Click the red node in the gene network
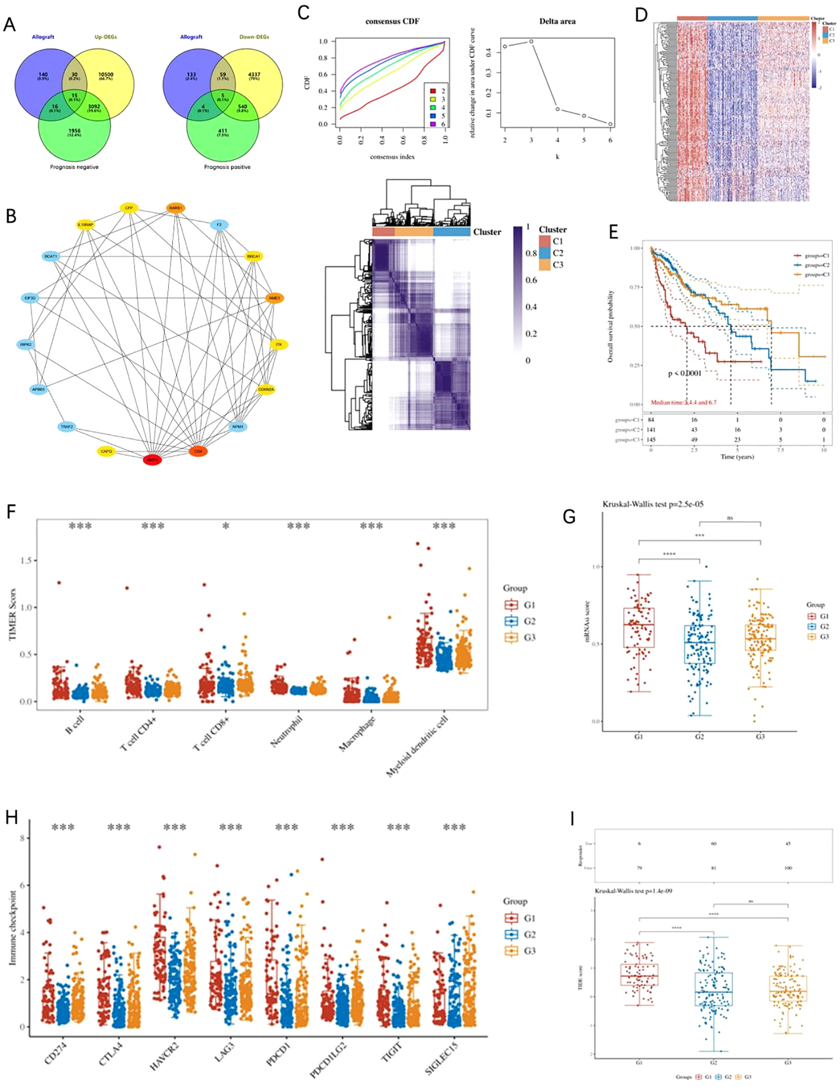(152, 459)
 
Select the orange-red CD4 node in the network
(198, 451)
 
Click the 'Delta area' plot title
(557, 21)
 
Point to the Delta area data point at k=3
(531, 42)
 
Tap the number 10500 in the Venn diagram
(106, 75)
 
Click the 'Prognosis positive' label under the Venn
(227, 167)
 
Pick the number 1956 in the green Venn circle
(74, 131)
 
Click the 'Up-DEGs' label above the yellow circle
(106, 37)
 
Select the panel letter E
(613, 232)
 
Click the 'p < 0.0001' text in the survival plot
(684, 373)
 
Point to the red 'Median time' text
(683, 402)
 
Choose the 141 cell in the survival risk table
(651, 430)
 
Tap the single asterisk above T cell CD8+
(225, 526)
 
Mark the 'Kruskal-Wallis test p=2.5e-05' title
(653, 504)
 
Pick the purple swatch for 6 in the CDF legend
(433, 124)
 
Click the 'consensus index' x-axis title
(392, 157)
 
